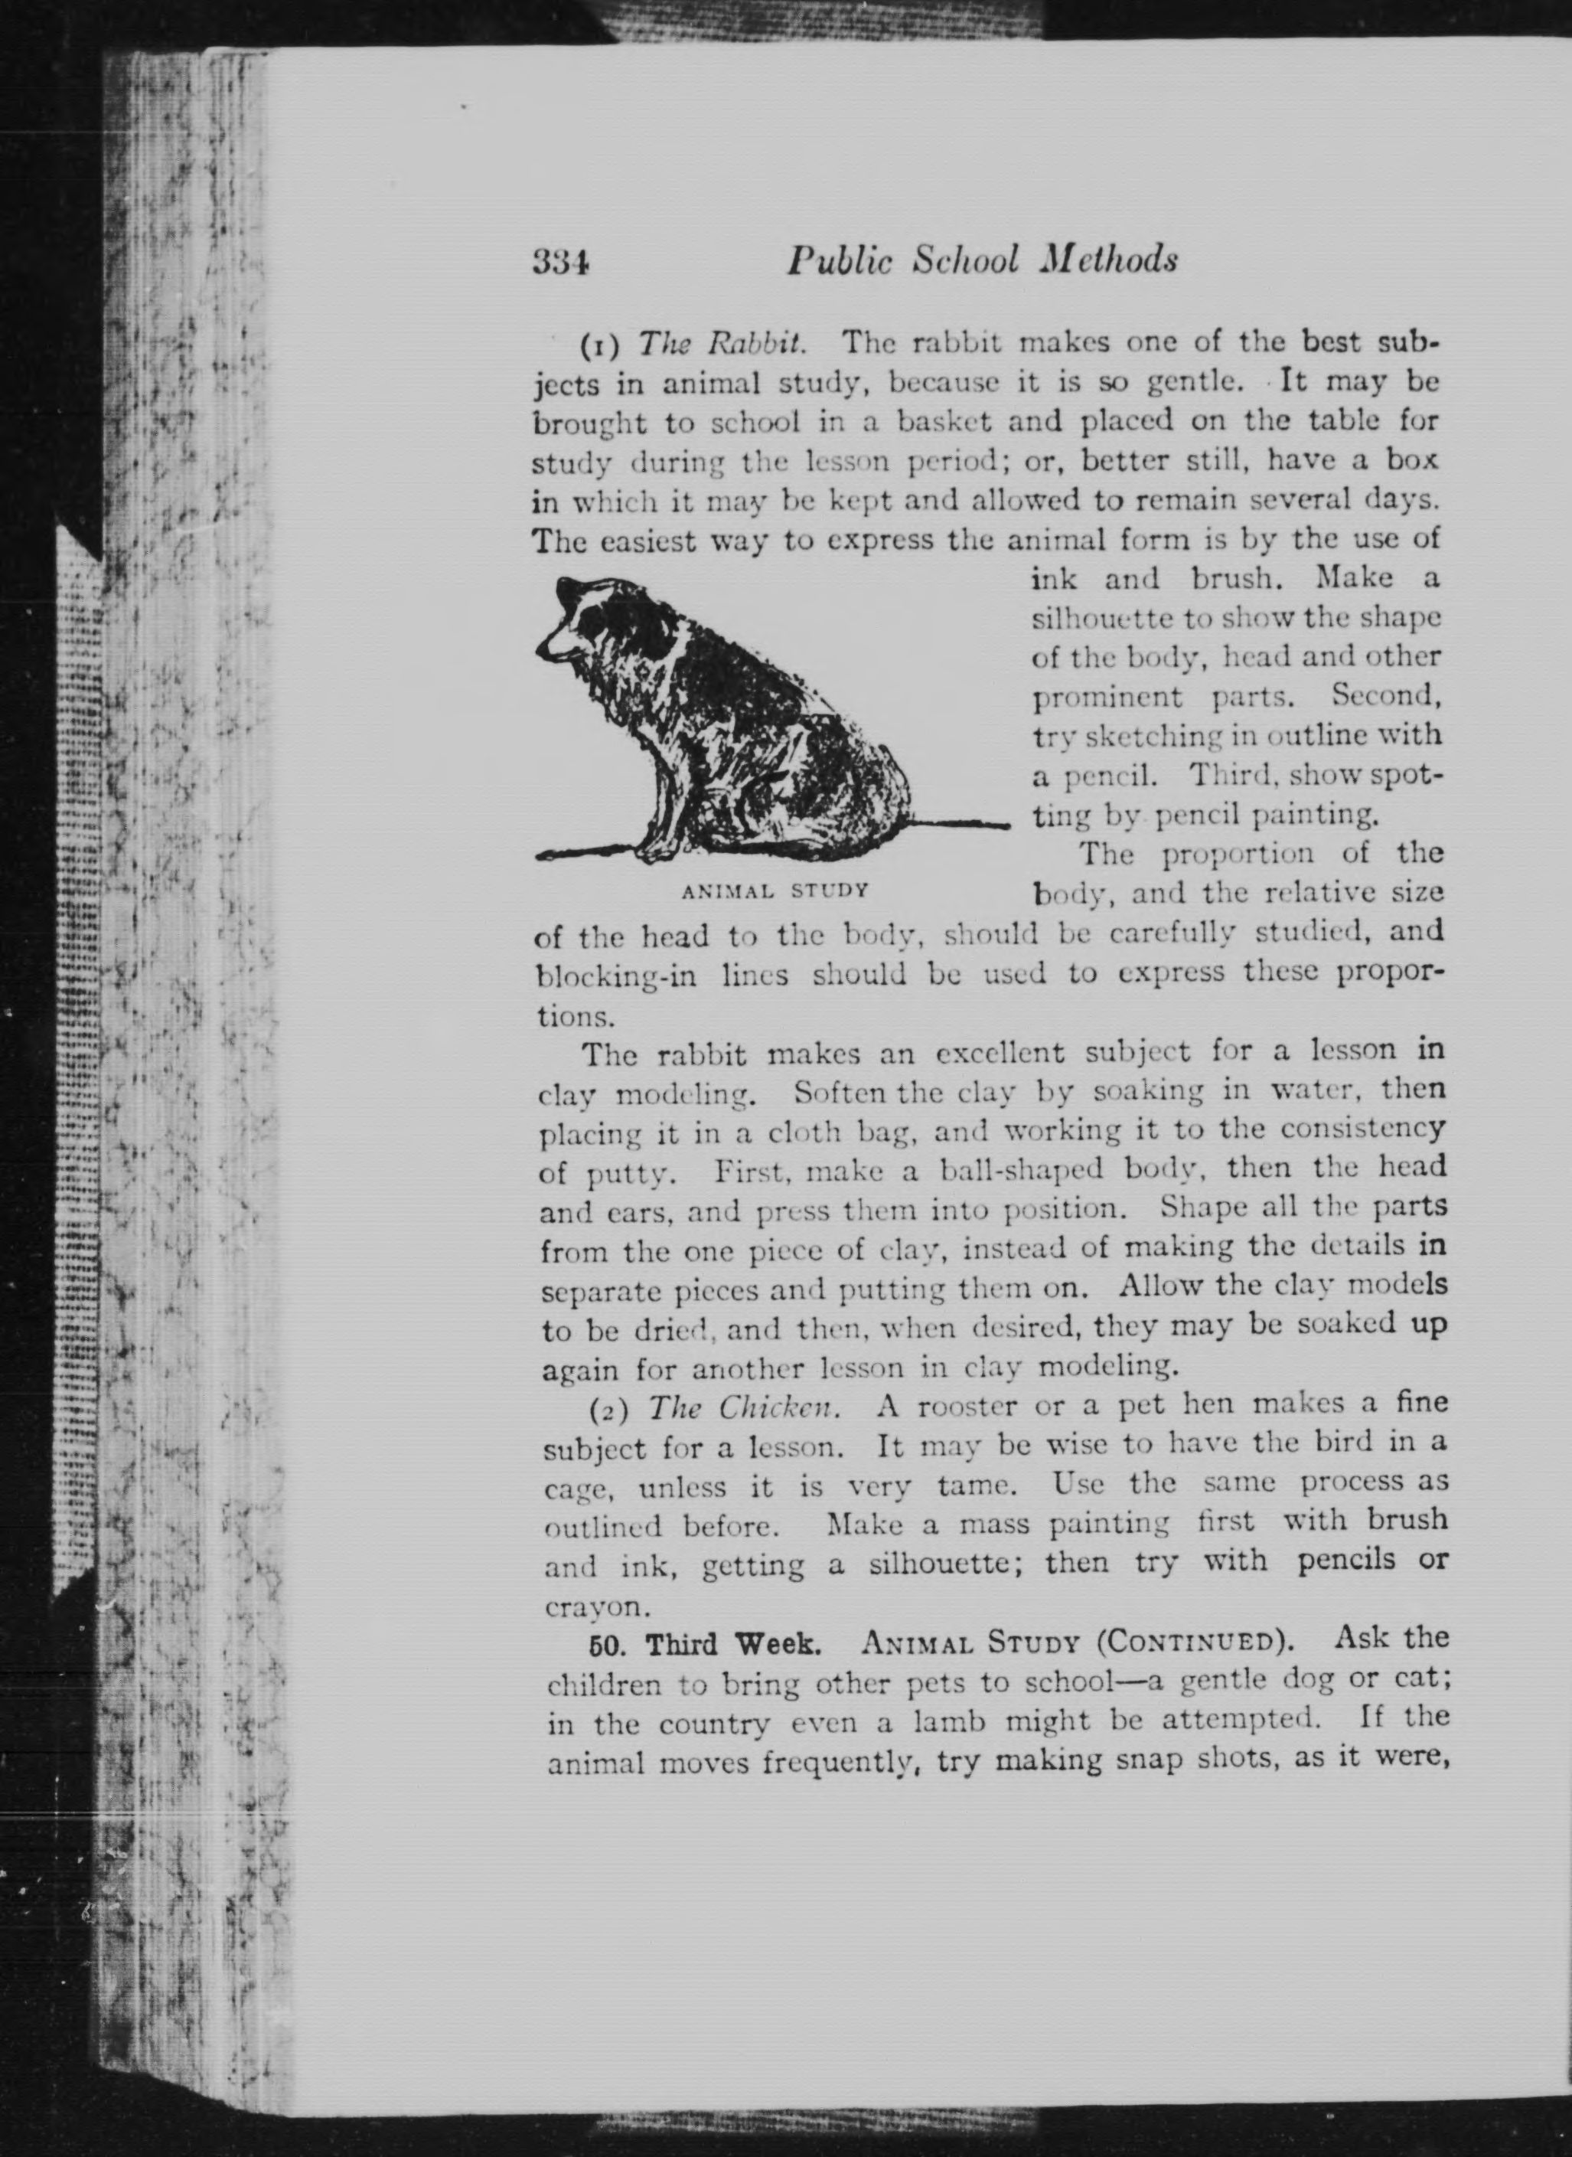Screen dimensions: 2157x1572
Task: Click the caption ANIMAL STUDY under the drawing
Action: [x=775, y=892]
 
